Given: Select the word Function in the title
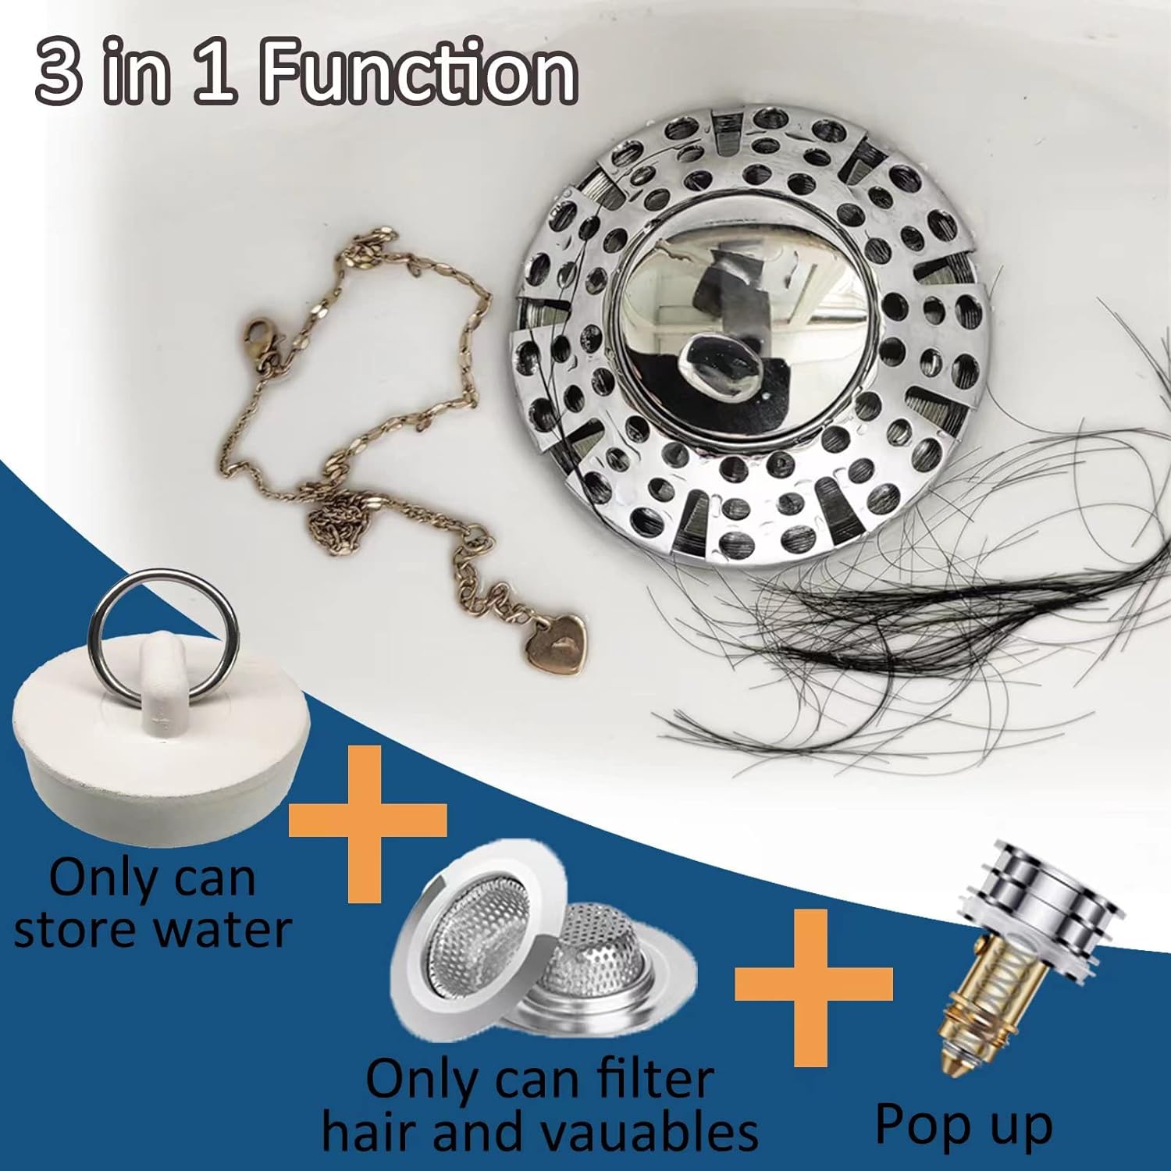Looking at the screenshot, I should [418, 75].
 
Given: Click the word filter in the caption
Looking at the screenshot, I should [654, 1080].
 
